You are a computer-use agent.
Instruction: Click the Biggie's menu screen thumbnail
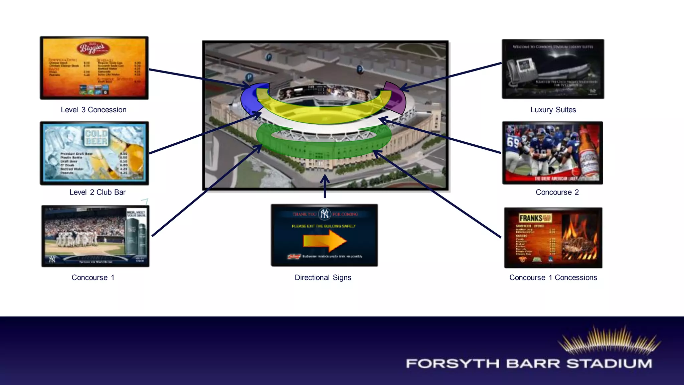[x=94, y=68]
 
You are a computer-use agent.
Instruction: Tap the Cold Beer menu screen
[x=95, y=153]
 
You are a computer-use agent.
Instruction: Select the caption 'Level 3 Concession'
[x=94, y=110]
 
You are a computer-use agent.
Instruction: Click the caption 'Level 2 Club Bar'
[x=98, y=192]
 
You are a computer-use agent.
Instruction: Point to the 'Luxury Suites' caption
[x=553, y=110]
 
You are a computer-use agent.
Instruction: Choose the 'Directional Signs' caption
[x=323, y=277]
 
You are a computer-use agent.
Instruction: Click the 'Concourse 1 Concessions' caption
[x=553, y=277]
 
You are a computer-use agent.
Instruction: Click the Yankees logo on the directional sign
[x=324, y=214]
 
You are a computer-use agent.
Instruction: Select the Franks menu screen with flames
[x=553, y=238]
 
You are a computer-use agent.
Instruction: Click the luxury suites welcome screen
[x=553, y=69]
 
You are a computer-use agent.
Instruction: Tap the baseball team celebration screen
[x=95, y=236]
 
